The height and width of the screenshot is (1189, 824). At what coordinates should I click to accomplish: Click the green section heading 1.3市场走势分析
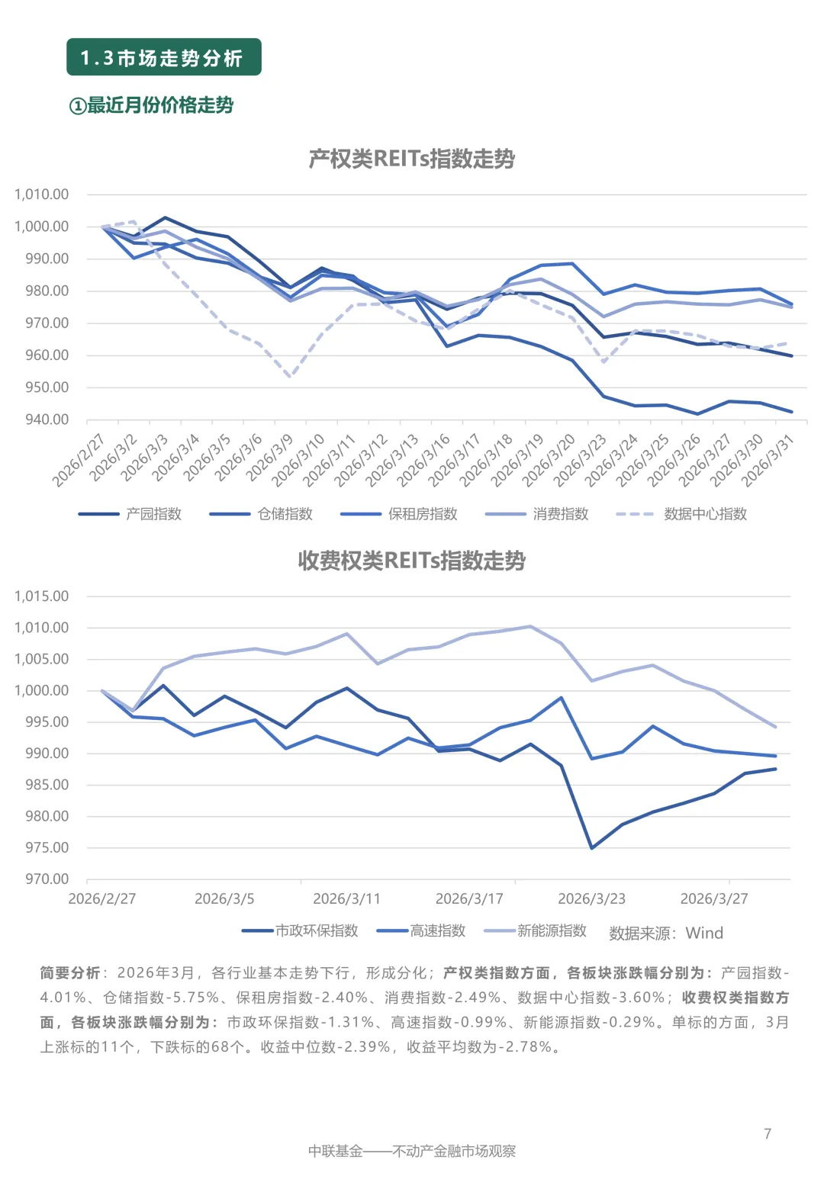[x=163, y=58]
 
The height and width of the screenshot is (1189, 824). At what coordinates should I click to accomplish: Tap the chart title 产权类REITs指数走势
[x=411, y=159]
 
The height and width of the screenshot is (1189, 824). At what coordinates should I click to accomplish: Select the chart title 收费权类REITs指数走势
[x=411, y=561]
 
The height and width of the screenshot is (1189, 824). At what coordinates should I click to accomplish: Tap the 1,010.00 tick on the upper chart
[x=41, y=194]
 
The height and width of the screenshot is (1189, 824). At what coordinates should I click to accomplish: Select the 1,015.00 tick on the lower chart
[x=41, y=596]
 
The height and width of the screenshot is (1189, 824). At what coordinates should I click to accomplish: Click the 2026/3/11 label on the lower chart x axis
[x=346, y=899]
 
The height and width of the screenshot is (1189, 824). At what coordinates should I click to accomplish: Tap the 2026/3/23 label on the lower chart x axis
[x=591, y=899]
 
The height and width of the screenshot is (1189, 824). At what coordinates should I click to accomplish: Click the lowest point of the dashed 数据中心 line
[x=290, y=377]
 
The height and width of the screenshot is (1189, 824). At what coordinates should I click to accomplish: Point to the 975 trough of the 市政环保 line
[x=591, y=847]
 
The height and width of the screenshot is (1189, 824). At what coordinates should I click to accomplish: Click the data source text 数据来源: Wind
[x=665, y=933]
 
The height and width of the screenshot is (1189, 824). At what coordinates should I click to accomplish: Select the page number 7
[x=768, y=1134]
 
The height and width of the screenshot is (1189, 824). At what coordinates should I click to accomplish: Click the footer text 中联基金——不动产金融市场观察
[x=412, y=1151]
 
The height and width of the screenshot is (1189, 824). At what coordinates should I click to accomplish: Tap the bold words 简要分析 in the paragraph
[x=69, y=973]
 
